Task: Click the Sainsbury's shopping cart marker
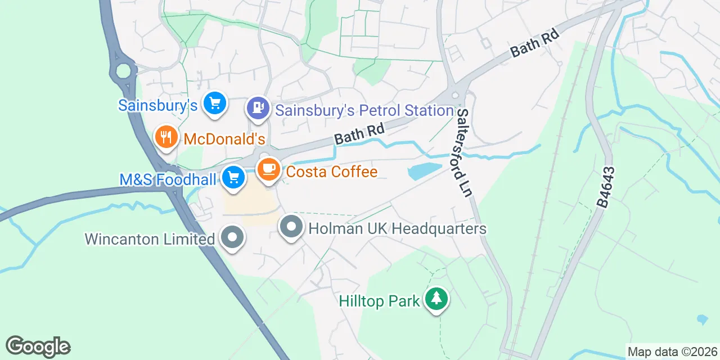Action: coord(214,103)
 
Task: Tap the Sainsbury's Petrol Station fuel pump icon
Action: coord(258,107)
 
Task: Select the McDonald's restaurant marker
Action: coord(165,137)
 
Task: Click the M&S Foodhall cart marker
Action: coord(233,178)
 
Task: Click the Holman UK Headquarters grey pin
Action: coord(291,227)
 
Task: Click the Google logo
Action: coord(38,346)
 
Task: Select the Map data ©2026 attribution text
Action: coord(672,352)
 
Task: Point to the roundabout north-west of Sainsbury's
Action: coord(123,71)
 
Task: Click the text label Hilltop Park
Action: coord(379,301)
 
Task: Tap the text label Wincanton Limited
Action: coord(150,238)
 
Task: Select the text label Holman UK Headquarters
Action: coord(397,229)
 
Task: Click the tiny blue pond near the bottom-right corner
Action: coord(702,319)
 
